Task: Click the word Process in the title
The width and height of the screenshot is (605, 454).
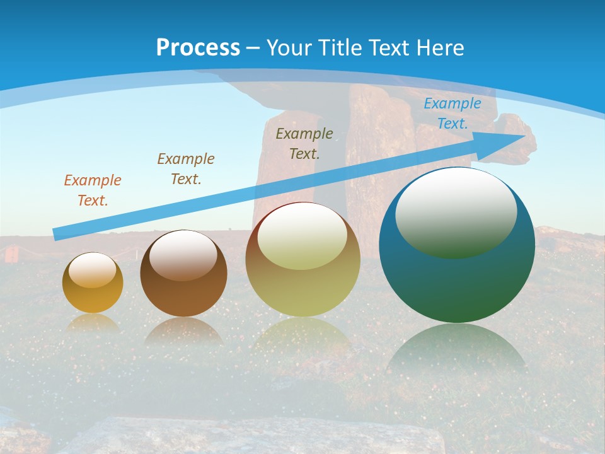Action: pyautogui.click(x=198, y=47)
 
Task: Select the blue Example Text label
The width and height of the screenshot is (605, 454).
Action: pyautogui.click(x=452, y=113)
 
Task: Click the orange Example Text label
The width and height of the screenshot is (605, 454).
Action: pyautogui.click(x=92, y=190)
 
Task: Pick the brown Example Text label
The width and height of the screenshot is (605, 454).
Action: pyautogui.click(x=185, y=169)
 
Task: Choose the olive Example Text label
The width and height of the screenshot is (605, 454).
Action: pyautogui.click(x=304, y=143)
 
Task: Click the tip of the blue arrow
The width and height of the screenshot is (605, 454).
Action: pyautogui.click(x=524, y=135)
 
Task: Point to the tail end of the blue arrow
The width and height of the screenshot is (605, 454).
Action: pyautogui.click(x=55, y=235)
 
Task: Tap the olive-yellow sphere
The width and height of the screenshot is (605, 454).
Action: pyautogui.click(x=302, y=290)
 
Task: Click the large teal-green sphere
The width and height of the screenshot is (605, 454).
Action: pyautogui.click(x=457, y=284)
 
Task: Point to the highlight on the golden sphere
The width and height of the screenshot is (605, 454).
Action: pyautogui.click(x=92, y=270)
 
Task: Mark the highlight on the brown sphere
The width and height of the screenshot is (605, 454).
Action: pyautogui.click(x=183, y=255)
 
